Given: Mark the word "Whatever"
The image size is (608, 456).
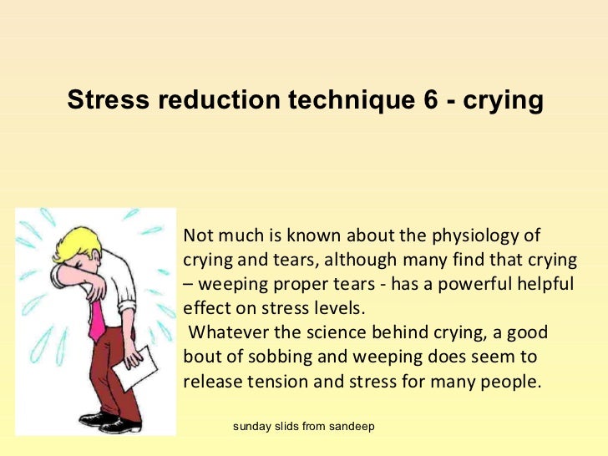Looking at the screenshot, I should (225, 332).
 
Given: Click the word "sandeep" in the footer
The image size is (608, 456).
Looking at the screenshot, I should (352, 426).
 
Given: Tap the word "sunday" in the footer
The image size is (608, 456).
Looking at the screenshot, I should (251, 426).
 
